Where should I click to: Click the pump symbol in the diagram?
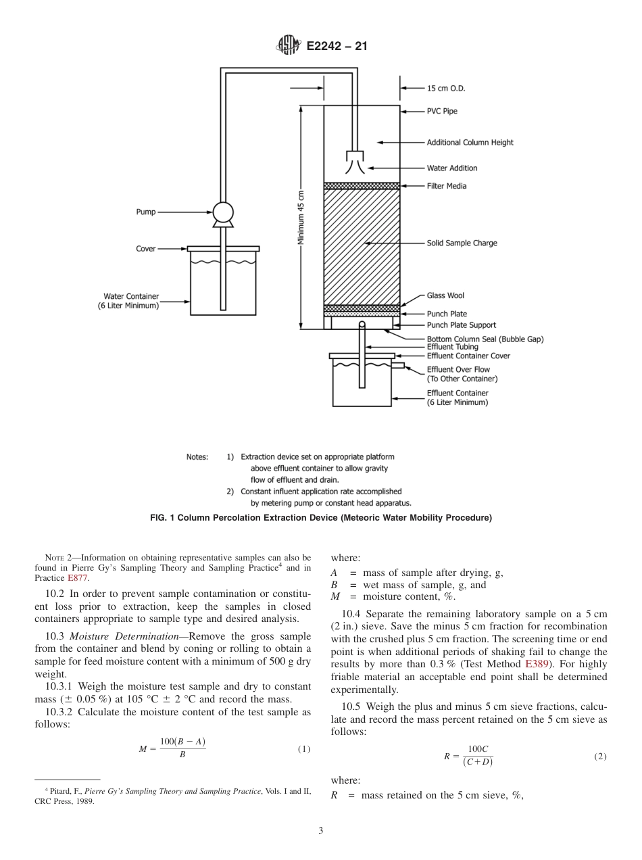click(222, 212)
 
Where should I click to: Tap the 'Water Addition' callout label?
click(451, 168)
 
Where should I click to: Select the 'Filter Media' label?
click(446, 186)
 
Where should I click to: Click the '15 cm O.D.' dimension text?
click(445, 88)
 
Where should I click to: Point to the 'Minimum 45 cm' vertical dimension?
click(301, 216)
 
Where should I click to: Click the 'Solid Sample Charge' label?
click(462, 243)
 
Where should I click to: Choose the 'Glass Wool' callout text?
click(445, 295)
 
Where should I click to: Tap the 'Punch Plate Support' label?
click(461, 325)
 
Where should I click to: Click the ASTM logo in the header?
click(289, 46)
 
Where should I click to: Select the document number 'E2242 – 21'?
click(337, 47)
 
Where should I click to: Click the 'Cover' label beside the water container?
click(146, 249)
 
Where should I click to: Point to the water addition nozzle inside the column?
click(355, 161)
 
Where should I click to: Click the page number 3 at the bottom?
click(321, 830)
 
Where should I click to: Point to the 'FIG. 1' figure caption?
click(321, 518)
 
